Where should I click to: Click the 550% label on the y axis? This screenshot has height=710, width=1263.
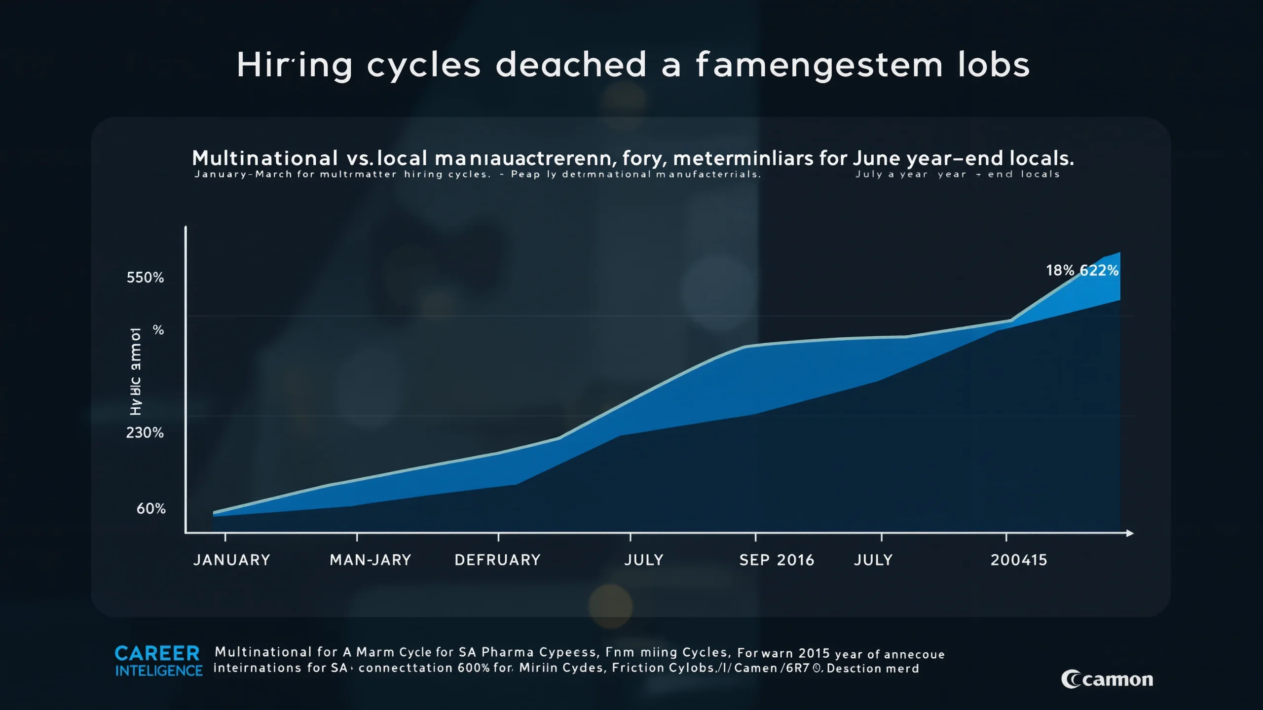(145, 278)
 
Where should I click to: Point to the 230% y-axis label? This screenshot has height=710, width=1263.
(145, 433)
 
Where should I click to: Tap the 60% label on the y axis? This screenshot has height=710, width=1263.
(151, 509)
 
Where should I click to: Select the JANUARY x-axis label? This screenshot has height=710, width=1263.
(231, 560)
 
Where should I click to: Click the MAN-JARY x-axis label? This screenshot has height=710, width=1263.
(370, 560)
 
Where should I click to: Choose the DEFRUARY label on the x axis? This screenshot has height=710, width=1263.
(497, 560)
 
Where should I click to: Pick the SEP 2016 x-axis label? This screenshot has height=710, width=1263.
(777, 560)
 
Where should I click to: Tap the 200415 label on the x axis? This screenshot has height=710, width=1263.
(1019, 560)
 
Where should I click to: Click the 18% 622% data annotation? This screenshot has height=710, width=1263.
(1082, 271)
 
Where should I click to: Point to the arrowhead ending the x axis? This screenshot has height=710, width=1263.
(1130, 533)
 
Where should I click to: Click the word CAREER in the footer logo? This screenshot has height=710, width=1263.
(157, 654)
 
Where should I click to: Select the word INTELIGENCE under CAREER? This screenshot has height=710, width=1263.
(159, 671)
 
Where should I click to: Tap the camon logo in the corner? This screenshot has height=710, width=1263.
(1107, 679)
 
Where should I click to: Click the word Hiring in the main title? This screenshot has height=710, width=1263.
(295, 65)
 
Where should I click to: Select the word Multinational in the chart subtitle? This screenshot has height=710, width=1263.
(265, 158)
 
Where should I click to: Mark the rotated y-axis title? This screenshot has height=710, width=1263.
(136, 371)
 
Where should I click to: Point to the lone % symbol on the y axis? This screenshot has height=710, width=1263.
(158, 330)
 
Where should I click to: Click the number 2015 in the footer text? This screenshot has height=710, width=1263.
(814, 653)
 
